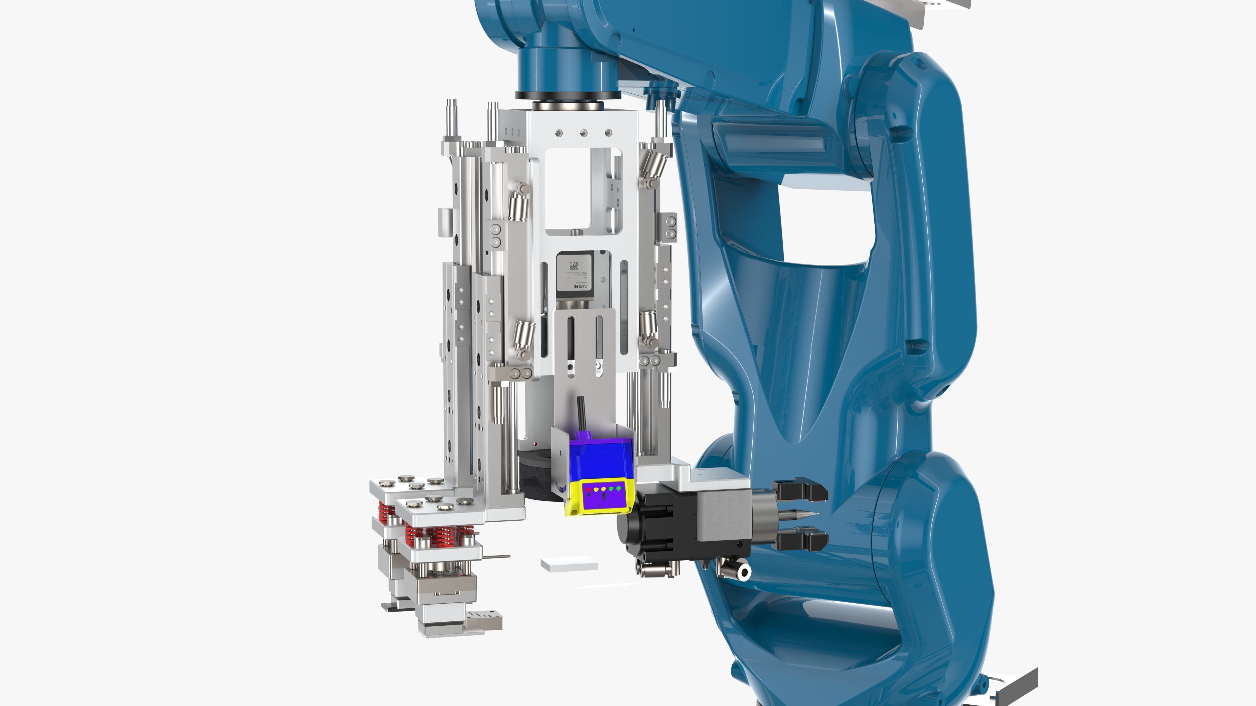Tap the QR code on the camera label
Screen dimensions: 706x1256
pos(574,266)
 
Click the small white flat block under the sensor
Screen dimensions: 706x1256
pos(569,565)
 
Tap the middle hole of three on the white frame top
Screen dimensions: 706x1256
pos(583,132)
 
